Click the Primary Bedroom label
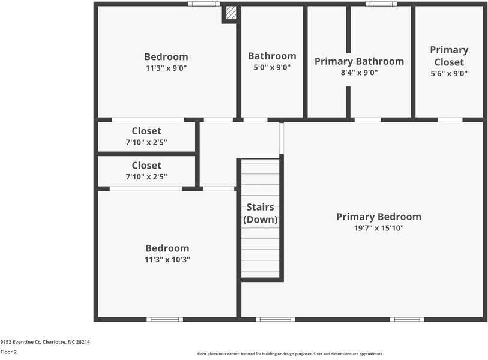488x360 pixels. click(378, 217)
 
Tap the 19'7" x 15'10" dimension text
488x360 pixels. click(378, 229)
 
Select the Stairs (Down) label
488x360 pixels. click(261, 214)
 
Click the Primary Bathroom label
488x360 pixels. click(359, 61)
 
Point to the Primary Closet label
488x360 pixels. click(449, 56)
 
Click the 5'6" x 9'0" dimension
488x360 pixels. click(449, 74)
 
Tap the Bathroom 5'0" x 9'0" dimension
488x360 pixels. click(272, 68)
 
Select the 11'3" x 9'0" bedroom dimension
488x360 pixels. click(166, 68)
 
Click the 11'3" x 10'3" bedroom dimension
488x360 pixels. click(167, 260)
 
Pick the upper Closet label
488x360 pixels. click(146, 131)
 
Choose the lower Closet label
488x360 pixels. click(146, 165)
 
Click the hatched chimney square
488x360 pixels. click(231, 13)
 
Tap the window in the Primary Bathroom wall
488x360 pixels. click(381, 4)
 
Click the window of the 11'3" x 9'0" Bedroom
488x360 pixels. click(203, 4)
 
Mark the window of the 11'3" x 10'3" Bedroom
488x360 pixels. click(164, 319)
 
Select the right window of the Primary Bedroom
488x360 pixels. click(407, 319)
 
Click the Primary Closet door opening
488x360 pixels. click(450, 119)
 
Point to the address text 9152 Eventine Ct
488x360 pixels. click(45, 342)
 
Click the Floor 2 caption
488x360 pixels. click(8, 352)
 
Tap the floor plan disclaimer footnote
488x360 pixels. click(290, 354)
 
